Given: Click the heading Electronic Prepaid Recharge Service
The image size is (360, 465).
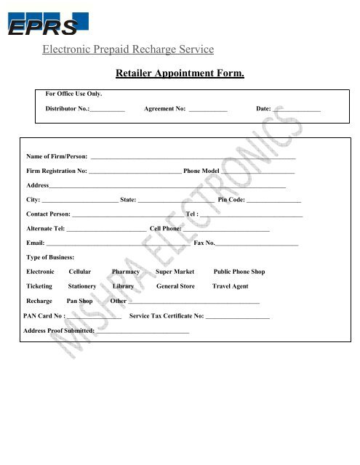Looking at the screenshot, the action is [128, 49].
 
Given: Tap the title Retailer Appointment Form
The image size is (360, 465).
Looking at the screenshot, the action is [180, 74].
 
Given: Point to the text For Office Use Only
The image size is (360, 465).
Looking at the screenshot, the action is [74, 94].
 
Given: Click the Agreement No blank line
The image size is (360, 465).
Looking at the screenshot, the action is [207, 110].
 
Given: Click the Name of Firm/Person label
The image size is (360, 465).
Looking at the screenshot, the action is [57, 156].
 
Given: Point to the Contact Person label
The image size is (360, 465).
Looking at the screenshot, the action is [48, 214].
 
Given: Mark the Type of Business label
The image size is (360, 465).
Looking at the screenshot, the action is [50, 257].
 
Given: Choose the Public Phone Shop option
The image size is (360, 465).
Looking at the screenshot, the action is [239, 271].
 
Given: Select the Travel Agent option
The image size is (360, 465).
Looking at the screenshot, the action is [225, 286].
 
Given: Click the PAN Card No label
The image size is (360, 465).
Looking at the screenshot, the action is [44, 316].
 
